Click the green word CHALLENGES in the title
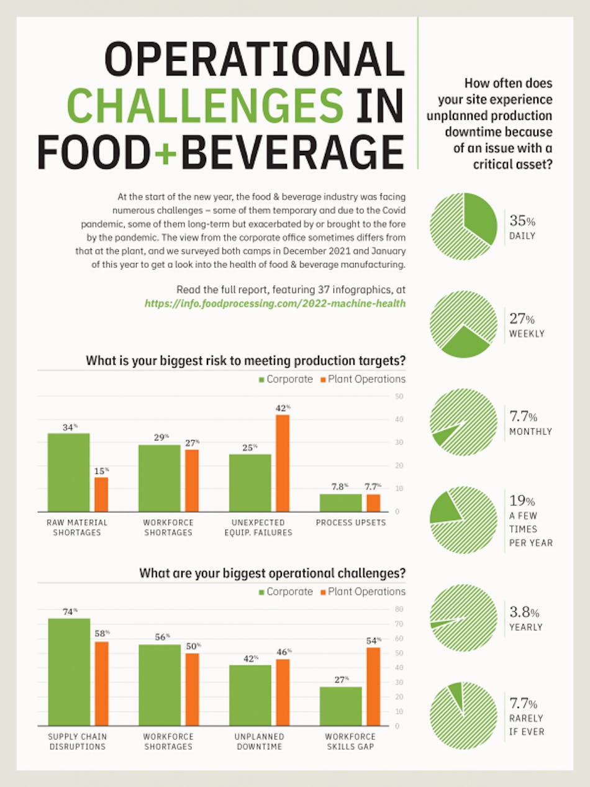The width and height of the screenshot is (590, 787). [x=205, y=105]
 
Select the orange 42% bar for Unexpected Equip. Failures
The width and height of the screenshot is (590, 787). [x=282, y=463]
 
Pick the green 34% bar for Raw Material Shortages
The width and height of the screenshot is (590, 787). [x=68, y=472]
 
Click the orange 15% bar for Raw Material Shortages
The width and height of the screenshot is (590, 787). [x=101, y=494]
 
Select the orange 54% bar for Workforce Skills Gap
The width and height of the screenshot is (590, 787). [x=373, y=686]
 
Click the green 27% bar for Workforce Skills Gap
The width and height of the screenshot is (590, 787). [x=342, y=706]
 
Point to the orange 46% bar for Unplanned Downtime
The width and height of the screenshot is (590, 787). [x=282, y=692]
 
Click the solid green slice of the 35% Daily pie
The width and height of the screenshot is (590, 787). [x=479, y=217]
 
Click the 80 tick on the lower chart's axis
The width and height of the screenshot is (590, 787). [x=401, y=609]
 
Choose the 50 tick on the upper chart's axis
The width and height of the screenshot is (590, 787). [x=401, y=396]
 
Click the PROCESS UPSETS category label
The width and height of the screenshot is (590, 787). [x=350, y=522]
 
